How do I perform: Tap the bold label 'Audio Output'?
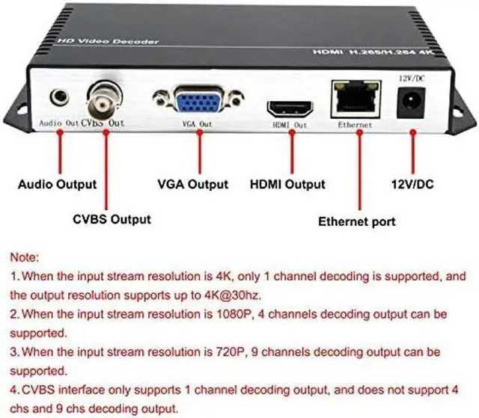[x=57, y=184]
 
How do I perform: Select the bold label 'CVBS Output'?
[x=112, y=219]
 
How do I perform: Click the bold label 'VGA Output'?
[x=192, y=184]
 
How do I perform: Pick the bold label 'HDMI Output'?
[x=287, y=184]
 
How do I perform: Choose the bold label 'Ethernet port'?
[x=357, y=221]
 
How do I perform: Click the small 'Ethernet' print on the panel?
[x=354, y=125]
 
